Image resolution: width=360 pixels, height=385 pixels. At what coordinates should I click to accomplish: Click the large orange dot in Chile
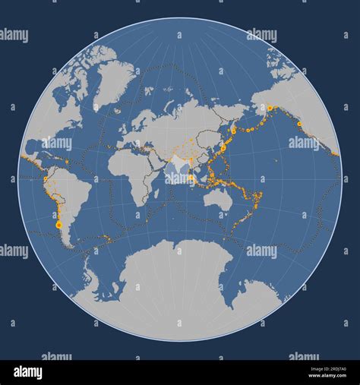pos(59,226)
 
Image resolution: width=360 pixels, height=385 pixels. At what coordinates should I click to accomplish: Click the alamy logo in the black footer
pos(27,372)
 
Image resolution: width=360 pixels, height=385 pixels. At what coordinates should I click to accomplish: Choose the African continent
pos(122,171)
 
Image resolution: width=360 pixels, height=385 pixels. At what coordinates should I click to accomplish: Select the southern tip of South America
pos(70,245)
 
